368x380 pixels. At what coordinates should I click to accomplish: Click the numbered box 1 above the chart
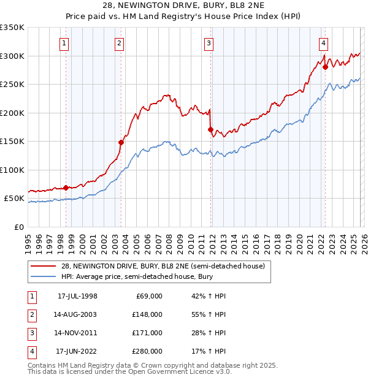pos(64,43)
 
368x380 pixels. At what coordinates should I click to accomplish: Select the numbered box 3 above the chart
pos(209,43)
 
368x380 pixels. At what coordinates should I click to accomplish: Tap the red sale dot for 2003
pos(121,142)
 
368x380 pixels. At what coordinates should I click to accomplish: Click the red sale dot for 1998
pos(66,188)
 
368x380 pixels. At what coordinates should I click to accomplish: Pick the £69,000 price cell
pos(149,296)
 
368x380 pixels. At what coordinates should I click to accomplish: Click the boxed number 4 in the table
pos(31,351)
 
